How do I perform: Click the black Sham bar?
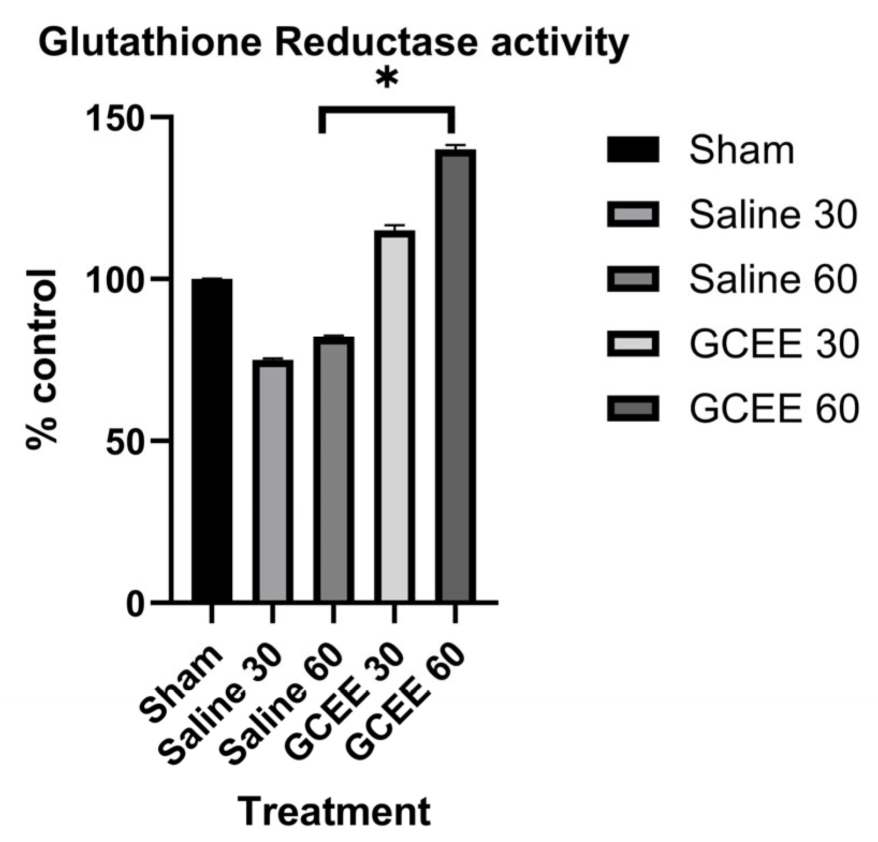coord(212,439)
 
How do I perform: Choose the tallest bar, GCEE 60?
coord(455,375)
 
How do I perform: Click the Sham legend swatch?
coord(633,150)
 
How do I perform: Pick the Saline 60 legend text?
coord(772,279)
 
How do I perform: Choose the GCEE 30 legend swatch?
coord(633,344)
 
